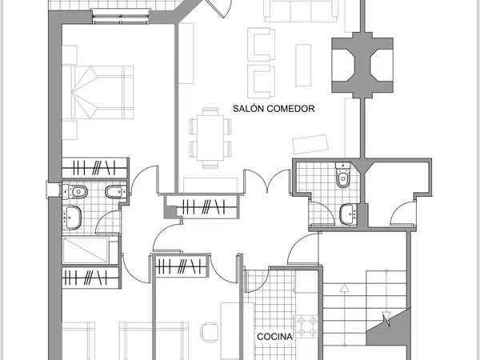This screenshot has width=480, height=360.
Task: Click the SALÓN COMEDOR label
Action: click(x=274, y=109)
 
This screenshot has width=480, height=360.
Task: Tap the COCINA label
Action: click(x=274, y=337)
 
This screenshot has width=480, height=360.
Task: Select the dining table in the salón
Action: click(x=210, y=138)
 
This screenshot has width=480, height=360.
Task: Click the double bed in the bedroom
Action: click(x=98, y=92)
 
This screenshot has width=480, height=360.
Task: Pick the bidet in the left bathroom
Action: click(x=116, y=192)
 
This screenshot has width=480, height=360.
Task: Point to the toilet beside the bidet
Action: click(x=75, y=192)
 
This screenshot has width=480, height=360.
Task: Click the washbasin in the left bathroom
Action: click(x=72, y=218)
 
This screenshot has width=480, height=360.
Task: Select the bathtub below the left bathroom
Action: click(x=86, y=250)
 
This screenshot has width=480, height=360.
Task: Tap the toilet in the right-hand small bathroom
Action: click(x=343, y=174)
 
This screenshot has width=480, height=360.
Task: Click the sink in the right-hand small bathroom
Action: click(x=349, y=214)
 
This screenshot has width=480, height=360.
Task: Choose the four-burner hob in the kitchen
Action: click(x=307, y=326)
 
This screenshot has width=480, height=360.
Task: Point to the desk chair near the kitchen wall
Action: click(x=210, y=332)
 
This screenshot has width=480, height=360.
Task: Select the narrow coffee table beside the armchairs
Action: click(x=303, y=66)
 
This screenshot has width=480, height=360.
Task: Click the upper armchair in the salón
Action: click(x=261, y=45)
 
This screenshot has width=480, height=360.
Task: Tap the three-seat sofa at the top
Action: click(x=302, y=11)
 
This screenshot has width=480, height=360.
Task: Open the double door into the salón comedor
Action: click(x=267, y=182)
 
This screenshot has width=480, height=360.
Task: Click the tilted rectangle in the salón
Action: click(x=310, y=144)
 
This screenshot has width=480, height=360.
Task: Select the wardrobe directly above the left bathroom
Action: click(x=94, y=168)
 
